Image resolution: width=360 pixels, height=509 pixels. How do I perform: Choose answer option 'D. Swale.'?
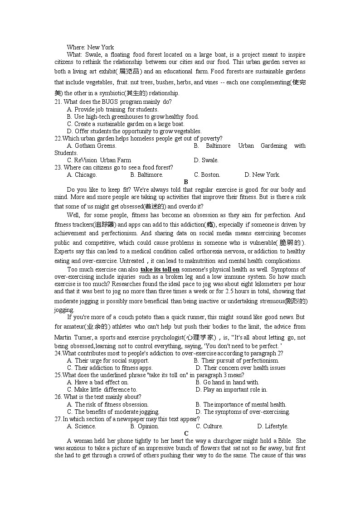[x=206, y=160]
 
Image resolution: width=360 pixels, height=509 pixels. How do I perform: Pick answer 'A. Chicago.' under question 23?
[x=82, y=175]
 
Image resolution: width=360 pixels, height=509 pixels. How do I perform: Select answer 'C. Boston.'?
[x=207, y=175]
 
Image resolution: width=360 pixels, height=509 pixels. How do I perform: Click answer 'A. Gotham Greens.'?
[x=92, y=145]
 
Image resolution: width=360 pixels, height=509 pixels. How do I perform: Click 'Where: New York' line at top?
[x=90, y=47]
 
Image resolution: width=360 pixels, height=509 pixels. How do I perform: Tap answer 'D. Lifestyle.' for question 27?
[x=272, y=426]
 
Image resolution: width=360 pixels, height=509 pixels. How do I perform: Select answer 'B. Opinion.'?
[x=145, y=426]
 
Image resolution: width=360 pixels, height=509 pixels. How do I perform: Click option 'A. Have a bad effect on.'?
[x=97, y=382]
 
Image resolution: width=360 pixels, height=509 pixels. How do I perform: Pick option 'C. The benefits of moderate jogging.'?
[x=113, y=412]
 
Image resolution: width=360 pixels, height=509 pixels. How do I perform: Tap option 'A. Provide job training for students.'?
[x=112, y=109]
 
